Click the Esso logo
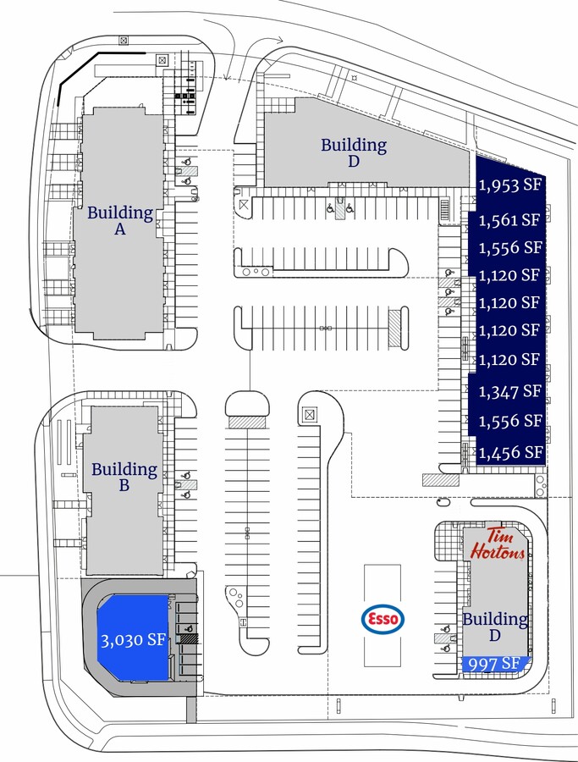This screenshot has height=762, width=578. [x=383, y=619]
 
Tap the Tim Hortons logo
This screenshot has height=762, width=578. [x=498, y=544]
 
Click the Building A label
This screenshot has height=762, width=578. [x=120, y=220]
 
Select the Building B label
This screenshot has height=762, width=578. [x=124, y=477]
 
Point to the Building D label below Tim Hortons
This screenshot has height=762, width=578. [x=495, y=627]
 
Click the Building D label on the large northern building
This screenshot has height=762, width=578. [x=354, y=152]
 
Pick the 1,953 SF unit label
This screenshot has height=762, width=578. [x=510, y=185]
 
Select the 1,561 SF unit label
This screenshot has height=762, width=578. [x=510, y=220]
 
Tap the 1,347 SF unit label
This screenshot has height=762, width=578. [x=510, y=390]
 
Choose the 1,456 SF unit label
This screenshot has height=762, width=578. [x=510, y=452]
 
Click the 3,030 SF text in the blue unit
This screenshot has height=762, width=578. [x=133, y=640]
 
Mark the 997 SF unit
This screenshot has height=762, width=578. [x=494, y=664]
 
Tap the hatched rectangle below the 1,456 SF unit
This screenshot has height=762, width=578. [x=441, y=480]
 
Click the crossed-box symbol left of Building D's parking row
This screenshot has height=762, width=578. [x=244, y=205]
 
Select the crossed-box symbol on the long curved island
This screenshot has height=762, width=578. [x=310, y=415]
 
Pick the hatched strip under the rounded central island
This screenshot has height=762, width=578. [x=247, y=422]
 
